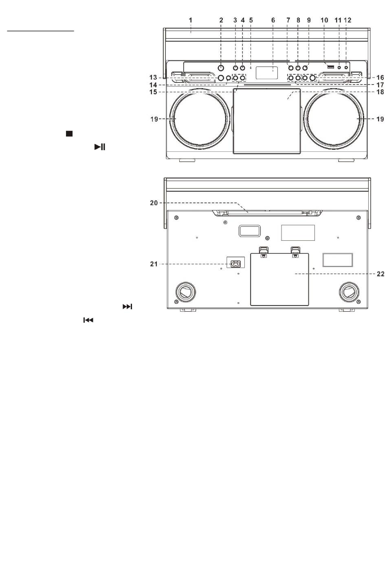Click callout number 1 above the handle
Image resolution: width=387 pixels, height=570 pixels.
pos(191,20)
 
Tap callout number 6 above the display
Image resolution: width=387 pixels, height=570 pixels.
pos(273,20)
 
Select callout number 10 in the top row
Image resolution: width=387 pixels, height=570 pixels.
pos(325,20)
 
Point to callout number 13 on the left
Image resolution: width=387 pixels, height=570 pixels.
pos(153,78)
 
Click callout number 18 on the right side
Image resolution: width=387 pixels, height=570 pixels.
pos(380,92)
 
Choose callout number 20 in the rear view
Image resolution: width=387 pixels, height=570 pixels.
pos(154,203)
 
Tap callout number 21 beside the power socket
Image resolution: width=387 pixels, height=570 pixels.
pos(154,264)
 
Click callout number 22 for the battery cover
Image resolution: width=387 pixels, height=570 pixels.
pos(380,274)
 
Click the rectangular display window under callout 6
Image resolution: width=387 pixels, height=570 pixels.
pos(266,73)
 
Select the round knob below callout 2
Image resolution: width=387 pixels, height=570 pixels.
pos(221,68)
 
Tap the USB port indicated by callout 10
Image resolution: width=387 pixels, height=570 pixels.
pos(331,67)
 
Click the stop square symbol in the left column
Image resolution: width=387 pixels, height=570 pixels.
pos(69,133)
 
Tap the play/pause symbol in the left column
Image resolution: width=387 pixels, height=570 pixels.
pos(100,147)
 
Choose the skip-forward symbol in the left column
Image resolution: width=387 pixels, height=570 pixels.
pos(128,307)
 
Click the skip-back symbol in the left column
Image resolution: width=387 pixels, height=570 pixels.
pos(88,320)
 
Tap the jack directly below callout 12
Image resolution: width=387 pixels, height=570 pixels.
pos(346,67)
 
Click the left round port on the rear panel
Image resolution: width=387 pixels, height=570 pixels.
pos(186,292)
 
